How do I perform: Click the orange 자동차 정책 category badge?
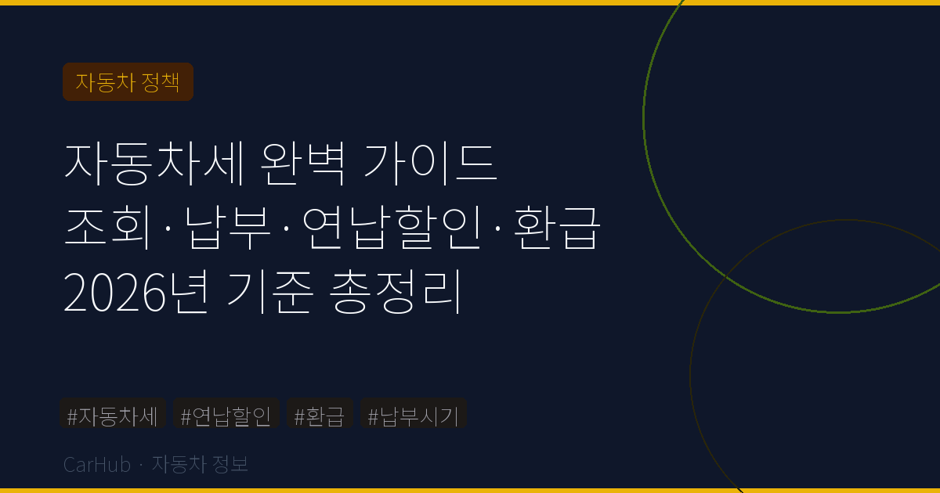(128, 82)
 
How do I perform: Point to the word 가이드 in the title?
(430, 162)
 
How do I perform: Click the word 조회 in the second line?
(110, 229)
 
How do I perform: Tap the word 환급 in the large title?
(556, 229)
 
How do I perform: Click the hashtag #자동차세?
(113, 416)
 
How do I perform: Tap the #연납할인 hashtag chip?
(226, 416)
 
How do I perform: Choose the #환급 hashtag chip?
(319, 416)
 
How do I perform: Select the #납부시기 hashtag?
(413, 416)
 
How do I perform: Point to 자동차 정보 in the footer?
(200, 465)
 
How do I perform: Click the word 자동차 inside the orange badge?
(106, 82)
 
